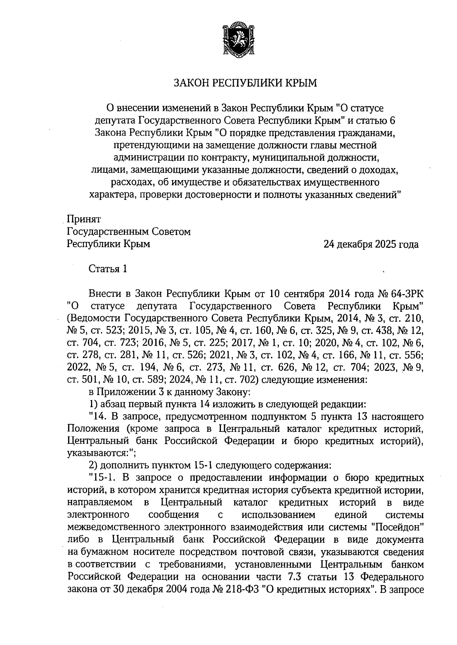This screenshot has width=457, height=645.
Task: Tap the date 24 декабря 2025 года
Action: pyautogui.click(x=371, y=244)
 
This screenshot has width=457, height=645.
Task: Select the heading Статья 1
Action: pyautogui.click(x=107, y=269)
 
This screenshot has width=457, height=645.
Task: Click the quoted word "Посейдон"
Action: pyautogui.click(x=398, y=527)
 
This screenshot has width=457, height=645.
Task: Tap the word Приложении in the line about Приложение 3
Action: pyautogui.click(x=125, y=392)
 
